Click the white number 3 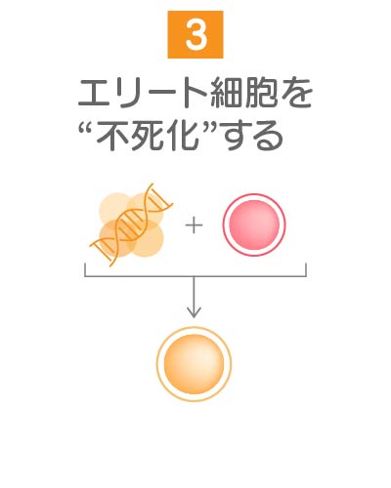point(195,35)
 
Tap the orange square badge point(195,34)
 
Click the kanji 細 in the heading point(227,94)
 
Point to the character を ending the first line point(295,94)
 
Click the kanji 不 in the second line point(112,136)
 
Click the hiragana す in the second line point(234,136)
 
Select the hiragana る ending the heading point(267,137)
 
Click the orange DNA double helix point(131,224)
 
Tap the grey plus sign point(194,225)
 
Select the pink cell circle point(254,224)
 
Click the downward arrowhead point(194,312)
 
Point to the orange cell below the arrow point(194,364)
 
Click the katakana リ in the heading point(127,94)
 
